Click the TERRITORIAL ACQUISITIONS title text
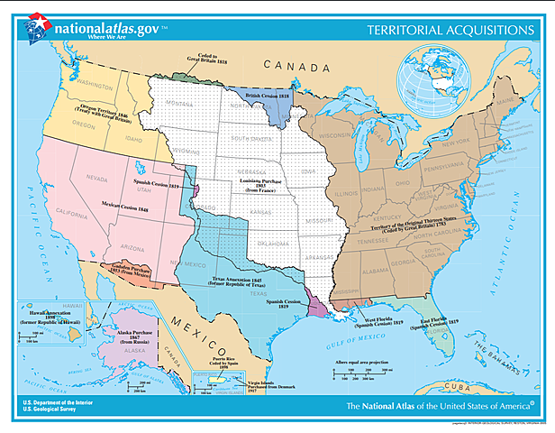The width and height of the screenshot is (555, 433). [450, 30]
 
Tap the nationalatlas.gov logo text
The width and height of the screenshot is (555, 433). [105, 27]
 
